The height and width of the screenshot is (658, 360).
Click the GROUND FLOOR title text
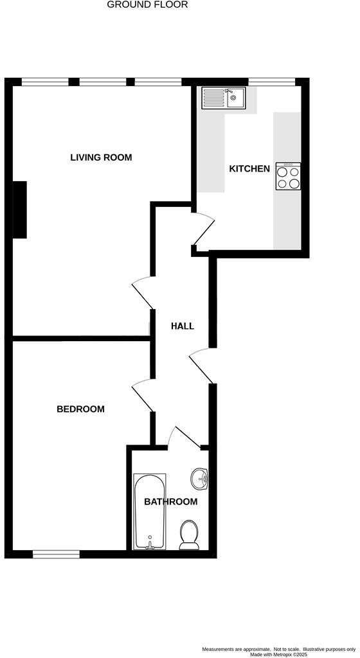click(x=147, y=4)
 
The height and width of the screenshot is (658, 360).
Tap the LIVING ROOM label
click(x=101, y=157)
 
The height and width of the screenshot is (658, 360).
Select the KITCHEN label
click(x=249, y=169)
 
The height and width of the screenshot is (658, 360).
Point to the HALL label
click(x=182, y=326)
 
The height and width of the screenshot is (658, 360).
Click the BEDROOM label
click(x=80, y=409)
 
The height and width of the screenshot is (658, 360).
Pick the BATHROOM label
click(x=170, y=502)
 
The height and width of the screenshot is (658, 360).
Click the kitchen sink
click(x=222, y=98)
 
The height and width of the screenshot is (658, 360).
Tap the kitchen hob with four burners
click(x=288, y=176)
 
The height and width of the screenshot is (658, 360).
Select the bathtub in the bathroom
click(x=150, y=511)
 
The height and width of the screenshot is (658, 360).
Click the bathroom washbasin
click(x=200, y=477)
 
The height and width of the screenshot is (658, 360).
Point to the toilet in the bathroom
click(x=189, y=534)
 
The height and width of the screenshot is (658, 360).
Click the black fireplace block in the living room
click(x=20, y=209)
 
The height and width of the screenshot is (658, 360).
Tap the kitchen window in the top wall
click(x=272, y=82)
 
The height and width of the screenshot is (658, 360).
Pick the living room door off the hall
click(x=141, y=293)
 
